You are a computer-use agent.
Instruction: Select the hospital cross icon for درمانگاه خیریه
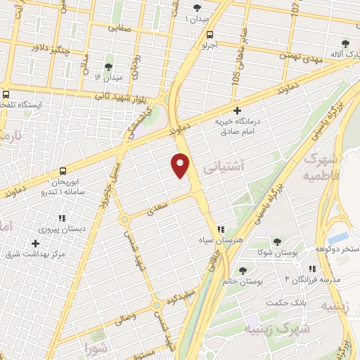[237, 110]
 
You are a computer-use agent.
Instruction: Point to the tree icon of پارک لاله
[345, 44]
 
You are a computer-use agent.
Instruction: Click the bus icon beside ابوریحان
[63, 171]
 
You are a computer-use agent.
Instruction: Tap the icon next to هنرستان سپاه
[221, 229]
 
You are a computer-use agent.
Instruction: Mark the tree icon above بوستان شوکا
[283, 240]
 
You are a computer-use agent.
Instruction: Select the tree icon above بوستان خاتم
[243, 271]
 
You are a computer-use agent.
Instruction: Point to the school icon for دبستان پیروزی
[62, 218]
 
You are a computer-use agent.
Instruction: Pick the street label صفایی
[120, 29]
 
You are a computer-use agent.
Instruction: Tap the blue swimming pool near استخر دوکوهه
[338, 238]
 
